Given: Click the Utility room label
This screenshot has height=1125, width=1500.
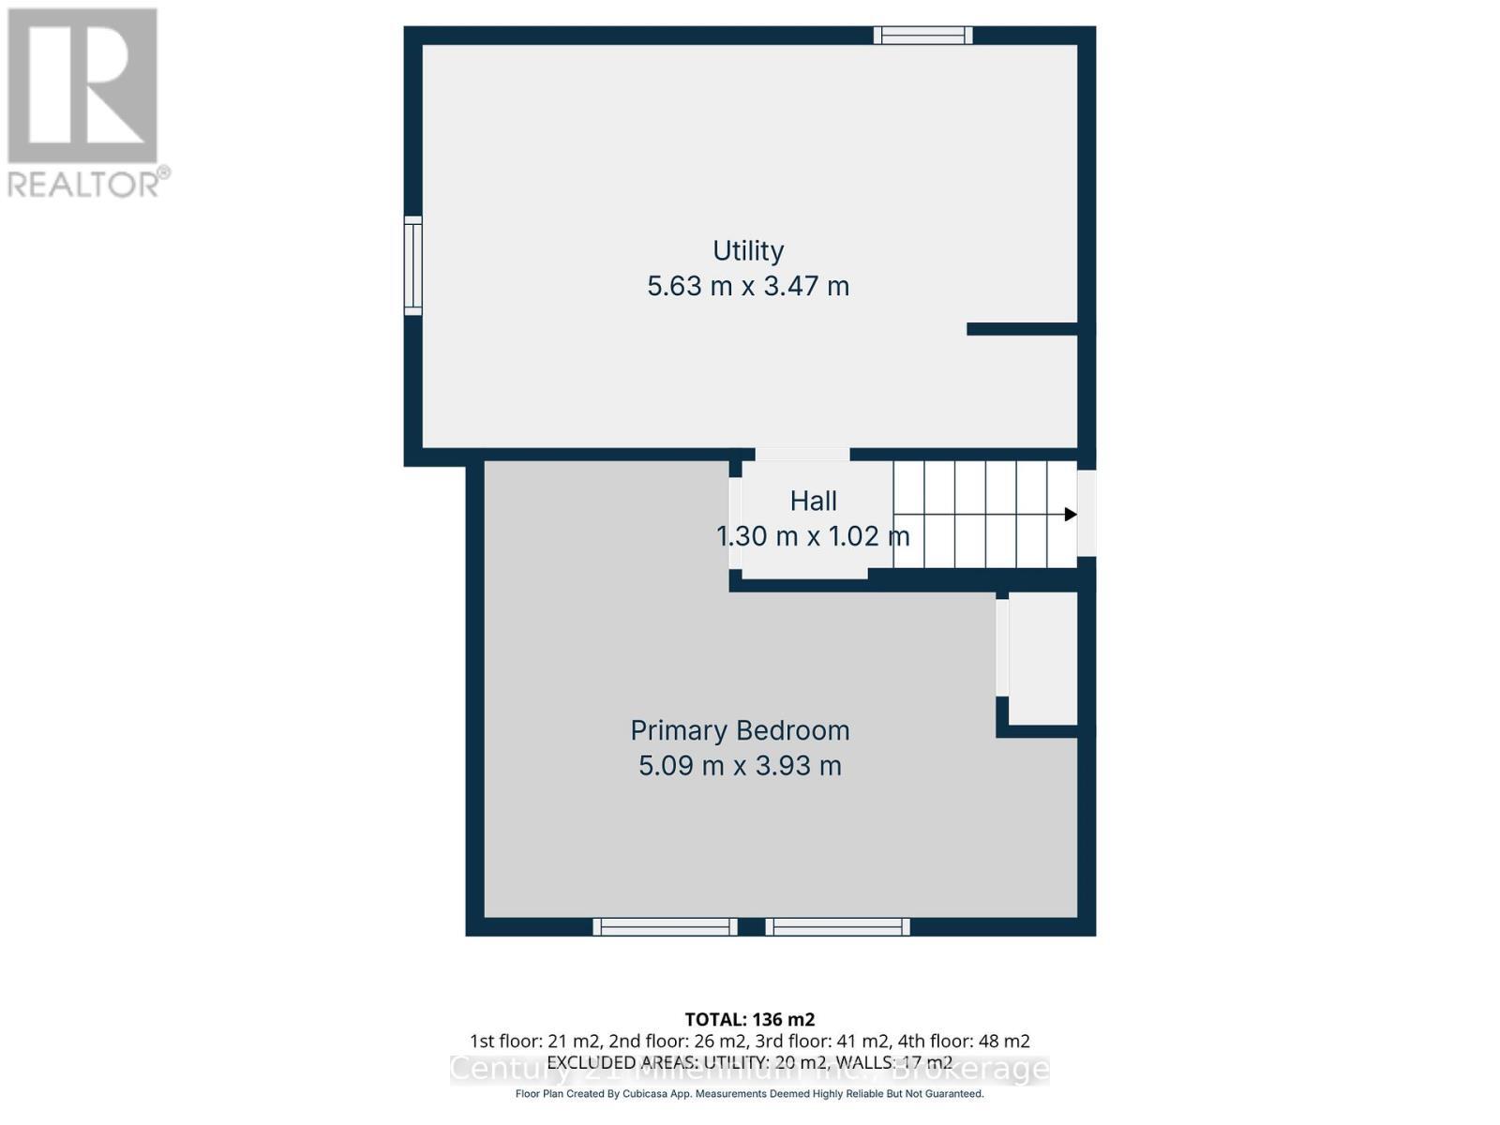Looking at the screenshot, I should coord(748,250).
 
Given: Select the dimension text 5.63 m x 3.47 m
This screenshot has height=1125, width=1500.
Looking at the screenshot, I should coord(748,286).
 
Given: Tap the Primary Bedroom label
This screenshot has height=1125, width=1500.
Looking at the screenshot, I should coord(740,730).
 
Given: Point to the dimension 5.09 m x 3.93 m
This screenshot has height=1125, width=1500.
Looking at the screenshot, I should coord(740,766).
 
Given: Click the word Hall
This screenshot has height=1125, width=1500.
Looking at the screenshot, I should coord(813,502).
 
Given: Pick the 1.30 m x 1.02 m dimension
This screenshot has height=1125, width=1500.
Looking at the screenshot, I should coord(813,536).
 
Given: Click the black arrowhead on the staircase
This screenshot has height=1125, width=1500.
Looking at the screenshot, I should coord(1070,514).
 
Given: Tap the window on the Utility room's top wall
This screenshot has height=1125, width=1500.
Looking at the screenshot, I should coord(922,36).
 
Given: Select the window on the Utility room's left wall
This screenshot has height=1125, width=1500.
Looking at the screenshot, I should coord(412,265).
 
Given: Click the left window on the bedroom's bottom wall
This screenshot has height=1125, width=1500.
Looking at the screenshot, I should coord(665,927).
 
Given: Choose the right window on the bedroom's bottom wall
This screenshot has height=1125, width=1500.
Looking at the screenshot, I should coord(837,927).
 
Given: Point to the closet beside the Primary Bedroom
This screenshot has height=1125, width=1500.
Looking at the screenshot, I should coord(1042,660).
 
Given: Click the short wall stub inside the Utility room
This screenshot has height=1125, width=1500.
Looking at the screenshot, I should coord(1022,329).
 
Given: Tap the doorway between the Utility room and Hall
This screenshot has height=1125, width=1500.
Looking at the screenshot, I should coord(802,455).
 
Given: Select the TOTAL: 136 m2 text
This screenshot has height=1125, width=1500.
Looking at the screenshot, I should coord(749,1019).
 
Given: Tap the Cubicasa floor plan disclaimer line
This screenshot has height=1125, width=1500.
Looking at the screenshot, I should coord(749,1094).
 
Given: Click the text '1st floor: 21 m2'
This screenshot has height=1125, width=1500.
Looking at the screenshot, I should coord(535,1041).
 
